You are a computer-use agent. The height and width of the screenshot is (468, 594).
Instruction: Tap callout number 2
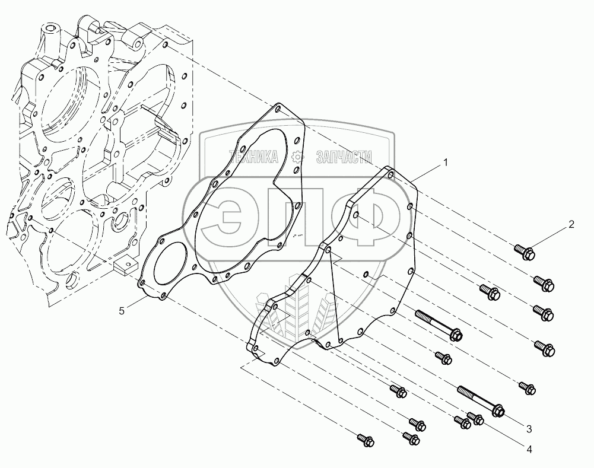click(x=571, y=224)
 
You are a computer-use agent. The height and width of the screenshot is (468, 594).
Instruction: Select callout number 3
click(x=528, y=429)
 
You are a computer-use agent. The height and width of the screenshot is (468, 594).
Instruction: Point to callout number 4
click(x=528, y=450)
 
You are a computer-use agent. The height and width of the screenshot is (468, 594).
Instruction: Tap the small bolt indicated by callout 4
click(x=475, y=419)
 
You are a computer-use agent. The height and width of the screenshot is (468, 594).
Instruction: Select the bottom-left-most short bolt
click(x=363, y=440)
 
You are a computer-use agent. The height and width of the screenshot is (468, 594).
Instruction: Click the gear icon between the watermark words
click(x=298, y=157)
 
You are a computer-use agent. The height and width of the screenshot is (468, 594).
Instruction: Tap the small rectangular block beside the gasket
click(x=125, y=265)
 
